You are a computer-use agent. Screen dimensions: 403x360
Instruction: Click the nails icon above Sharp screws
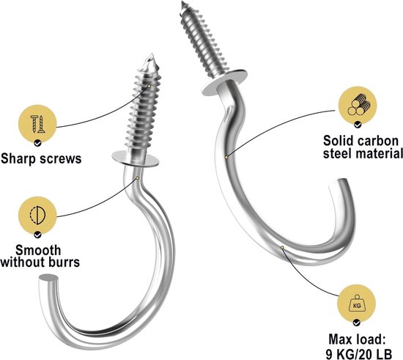click(37, 124)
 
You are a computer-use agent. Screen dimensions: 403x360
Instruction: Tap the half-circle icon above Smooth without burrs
click(37, 216)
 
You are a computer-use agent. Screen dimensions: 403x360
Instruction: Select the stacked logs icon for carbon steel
click(358, 106)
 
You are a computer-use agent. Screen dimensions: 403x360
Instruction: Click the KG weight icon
click(357, 304)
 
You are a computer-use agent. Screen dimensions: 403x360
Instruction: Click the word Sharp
click(18, 158)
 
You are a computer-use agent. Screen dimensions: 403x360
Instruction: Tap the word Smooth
click(38, 250)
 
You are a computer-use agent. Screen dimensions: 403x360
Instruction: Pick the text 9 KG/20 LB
click(359, 353)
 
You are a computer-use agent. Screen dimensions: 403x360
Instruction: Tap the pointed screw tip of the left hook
click(152, 55)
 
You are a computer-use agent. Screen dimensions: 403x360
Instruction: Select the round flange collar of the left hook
click(136, 159)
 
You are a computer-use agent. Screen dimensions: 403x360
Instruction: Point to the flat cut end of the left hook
click(48, 278)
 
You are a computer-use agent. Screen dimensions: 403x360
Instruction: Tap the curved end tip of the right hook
click(339, 183)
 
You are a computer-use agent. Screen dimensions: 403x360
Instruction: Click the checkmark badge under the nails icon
click(38, 143)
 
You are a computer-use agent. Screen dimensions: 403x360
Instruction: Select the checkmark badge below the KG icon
click(357, 322)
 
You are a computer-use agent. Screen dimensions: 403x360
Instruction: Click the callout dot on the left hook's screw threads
click(149, 86)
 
